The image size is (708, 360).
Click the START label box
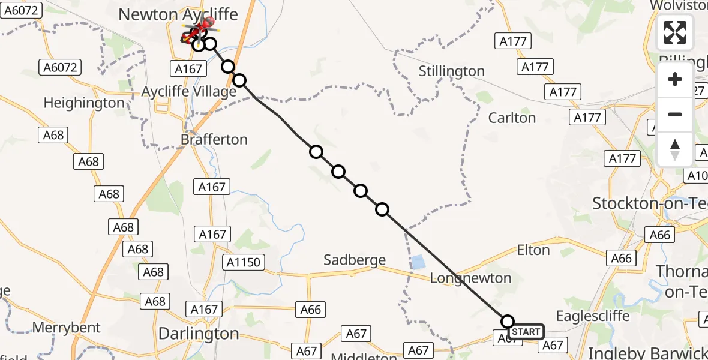click(x=526, y=332)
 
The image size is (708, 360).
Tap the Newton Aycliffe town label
click(x=178, y=14)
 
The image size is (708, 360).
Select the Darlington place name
click(x=198, y=333)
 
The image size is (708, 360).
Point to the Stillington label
click(x=451, y=71)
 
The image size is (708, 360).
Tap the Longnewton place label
click(x=471, y=278)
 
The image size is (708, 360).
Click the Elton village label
click(x=533, y=250)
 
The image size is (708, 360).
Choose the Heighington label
click(x=84, y=103)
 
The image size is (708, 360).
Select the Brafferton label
click(x=214, y=139)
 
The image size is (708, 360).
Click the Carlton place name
click(x=512, y=118)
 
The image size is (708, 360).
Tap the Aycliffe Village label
click(x=188, y=92)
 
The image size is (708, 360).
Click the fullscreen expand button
click(x=675, y=32)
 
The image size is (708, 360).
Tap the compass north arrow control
click(x=675, y=149)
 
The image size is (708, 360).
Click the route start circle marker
click(x=508, y=321)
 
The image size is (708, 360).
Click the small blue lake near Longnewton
click(x=418, y=262)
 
